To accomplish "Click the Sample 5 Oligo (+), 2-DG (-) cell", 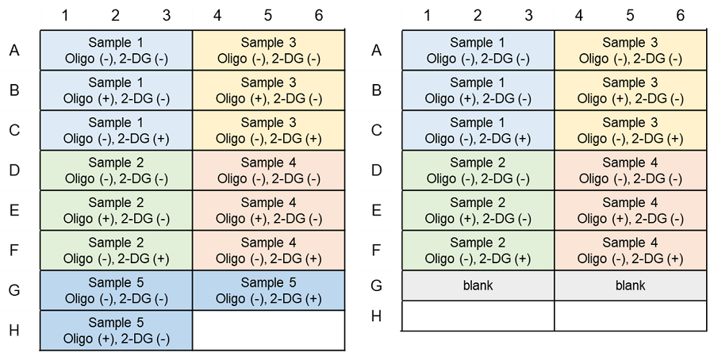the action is (116, 331).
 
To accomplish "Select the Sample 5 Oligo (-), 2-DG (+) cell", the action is (269, 290).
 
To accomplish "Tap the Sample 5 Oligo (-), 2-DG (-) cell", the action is (116, 290).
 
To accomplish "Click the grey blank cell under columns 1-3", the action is (478, 285).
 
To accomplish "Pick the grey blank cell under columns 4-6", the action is (631, 285).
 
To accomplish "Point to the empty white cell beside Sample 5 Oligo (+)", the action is (269, 331).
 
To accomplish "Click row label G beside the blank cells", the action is (376, 285).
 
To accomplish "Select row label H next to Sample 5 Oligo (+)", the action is (14, 330).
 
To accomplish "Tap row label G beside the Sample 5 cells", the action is (14, 290).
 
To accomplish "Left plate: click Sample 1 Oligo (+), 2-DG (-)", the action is (116, 90).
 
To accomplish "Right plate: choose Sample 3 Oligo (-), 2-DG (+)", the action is (631, 130).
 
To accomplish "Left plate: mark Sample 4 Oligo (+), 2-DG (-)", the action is (269, 210).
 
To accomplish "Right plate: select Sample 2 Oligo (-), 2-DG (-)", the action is (478, 170).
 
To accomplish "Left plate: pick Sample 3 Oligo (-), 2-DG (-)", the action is (269, 50).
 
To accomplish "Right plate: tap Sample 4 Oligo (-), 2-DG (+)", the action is (631, 251).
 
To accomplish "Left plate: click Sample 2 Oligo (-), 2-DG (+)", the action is (116, 251).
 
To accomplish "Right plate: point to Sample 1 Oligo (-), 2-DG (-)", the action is (478, 50).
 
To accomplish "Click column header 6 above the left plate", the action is (319, 16).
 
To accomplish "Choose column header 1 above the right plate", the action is (427, 16).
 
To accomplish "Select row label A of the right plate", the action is (376, 50).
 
